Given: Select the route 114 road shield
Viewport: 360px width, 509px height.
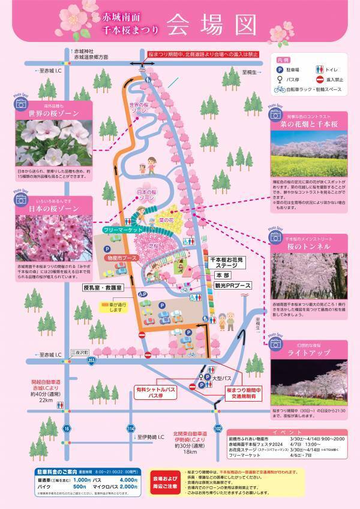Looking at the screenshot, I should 131,428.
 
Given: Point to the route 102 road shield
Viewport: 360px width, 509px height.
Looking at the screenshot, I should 218,428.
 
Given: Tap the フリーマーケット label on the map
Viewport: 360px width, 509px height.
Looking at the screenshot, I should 122,230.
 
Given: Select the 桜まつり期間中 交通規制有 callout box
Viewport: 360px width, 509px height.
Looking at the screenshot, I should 235,393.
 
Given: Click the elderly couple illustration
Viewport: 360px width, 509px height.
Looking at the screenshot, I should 226,321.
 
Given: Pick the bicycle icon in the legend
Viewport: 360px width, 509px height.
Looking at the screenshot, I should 280,89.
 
